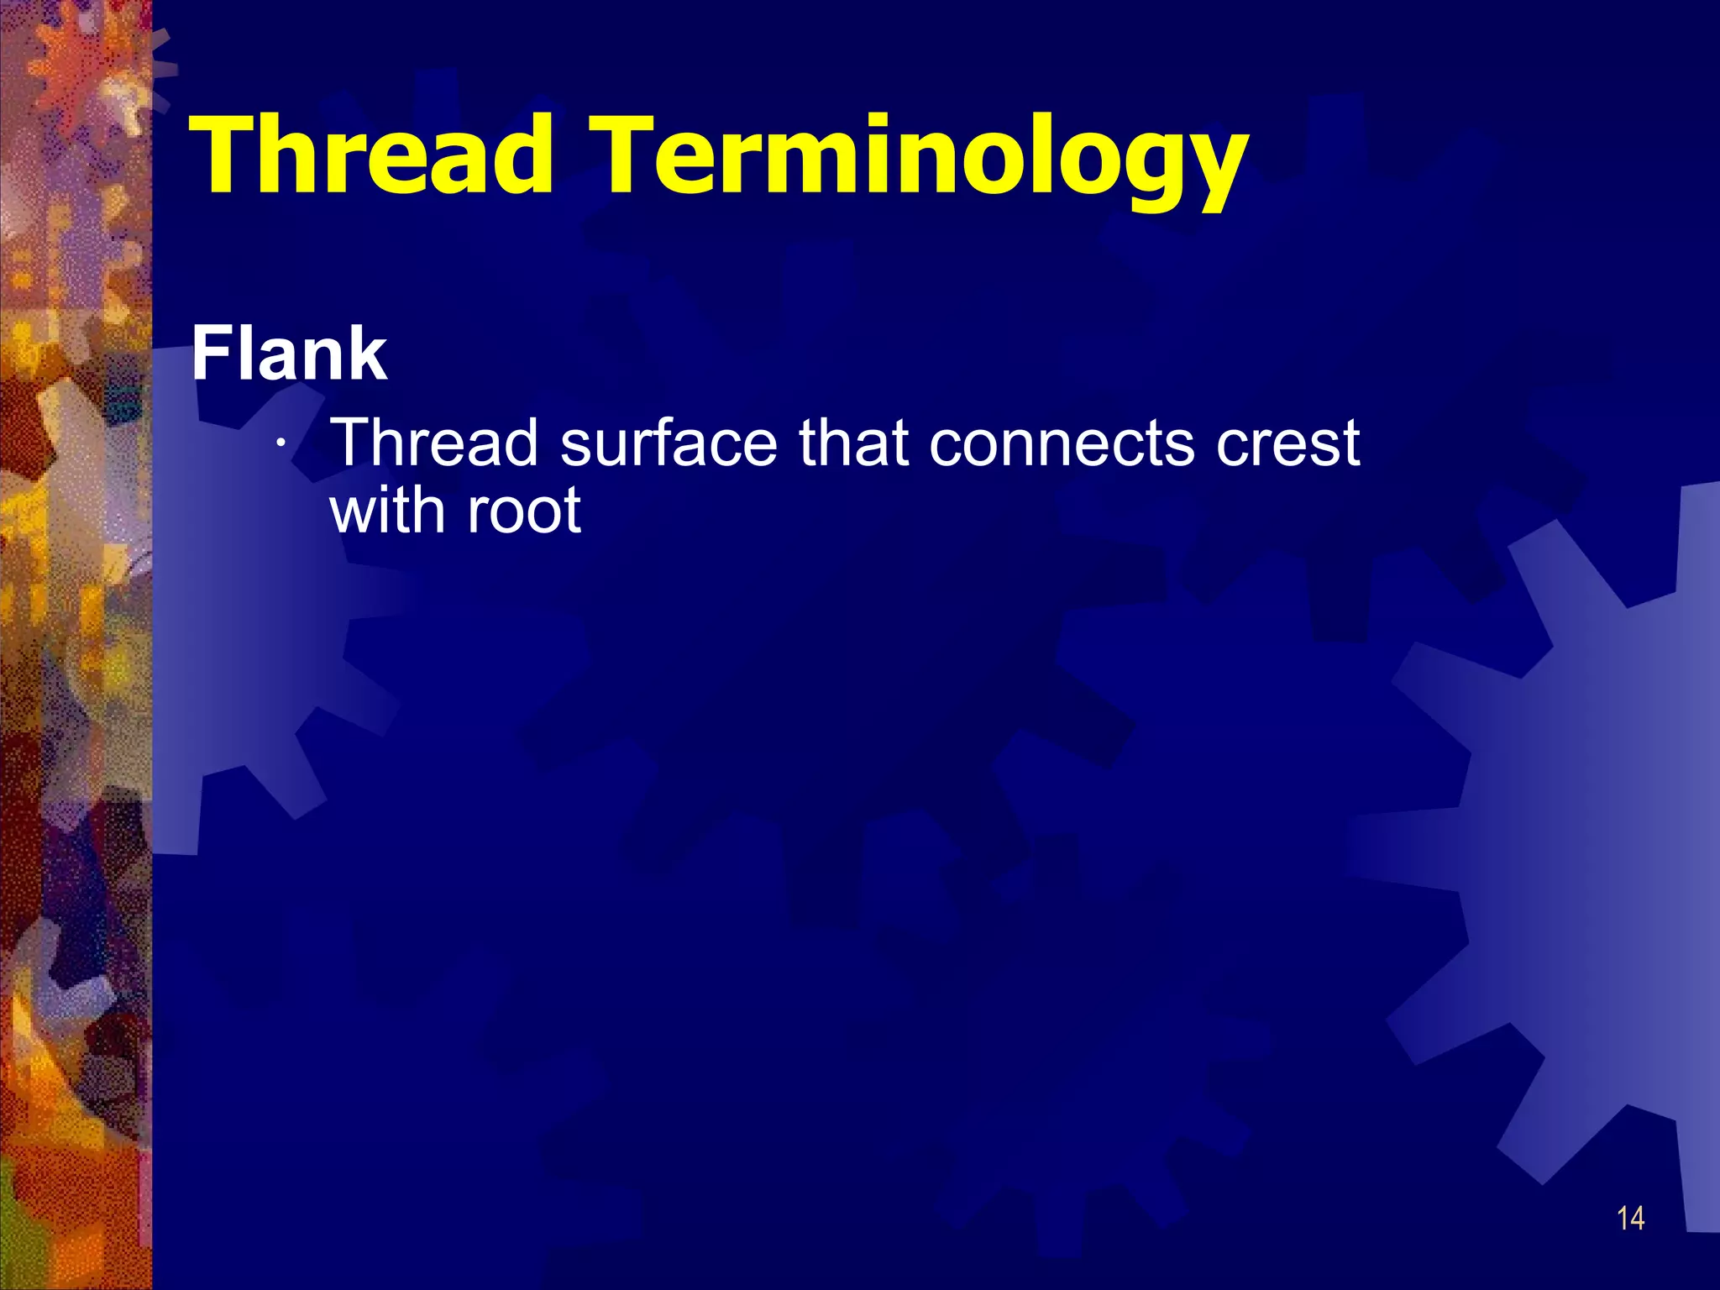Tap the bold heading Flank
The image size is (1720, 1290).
[x=289, y=354]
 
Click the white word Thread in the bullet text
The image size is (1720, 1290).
[x=434, y=443]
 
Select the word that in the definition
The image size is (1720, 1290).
[x=853, y=443]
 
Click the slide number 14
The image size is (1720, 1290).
[x=1630, y=1219]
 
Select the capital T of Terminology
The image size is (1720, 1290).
[x=626, y=155]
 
